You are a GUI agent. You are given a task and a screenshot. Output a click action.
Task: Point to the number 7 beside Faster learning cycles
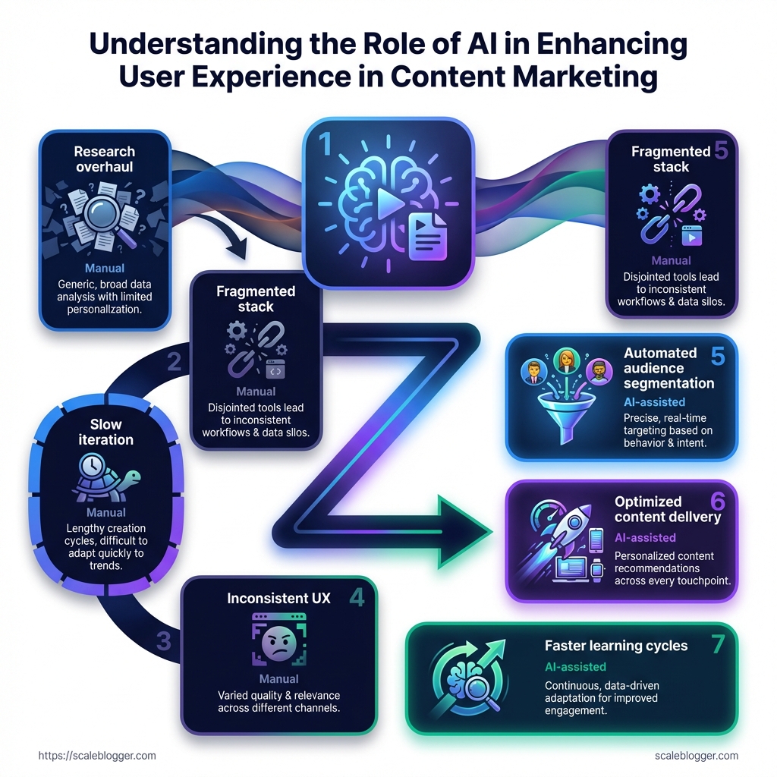[x=719, y=644]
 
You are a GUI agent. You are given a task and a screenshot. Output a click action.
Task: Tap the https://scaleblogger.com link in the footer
[x=97, y=756]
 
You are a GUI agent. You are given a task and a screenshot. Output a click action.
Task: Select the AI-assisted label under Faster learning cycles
[x=575, y=667]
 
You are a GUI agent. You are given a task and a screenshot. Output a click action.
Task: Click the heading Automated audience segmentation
[x=660, y=368]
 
